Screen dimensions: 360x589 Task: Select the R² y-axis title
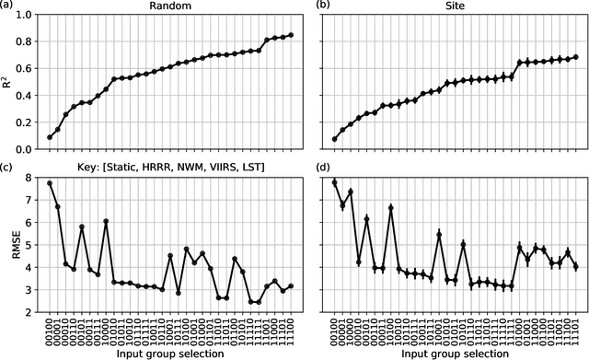pos(8,82)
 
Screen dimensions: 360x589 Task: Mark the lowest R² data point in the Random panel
pos(50,137)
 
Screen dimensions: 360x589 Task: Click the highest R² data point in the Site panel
pos(576,57)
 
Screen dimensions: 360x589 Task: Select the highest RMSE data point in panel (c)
pos(50,183)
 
